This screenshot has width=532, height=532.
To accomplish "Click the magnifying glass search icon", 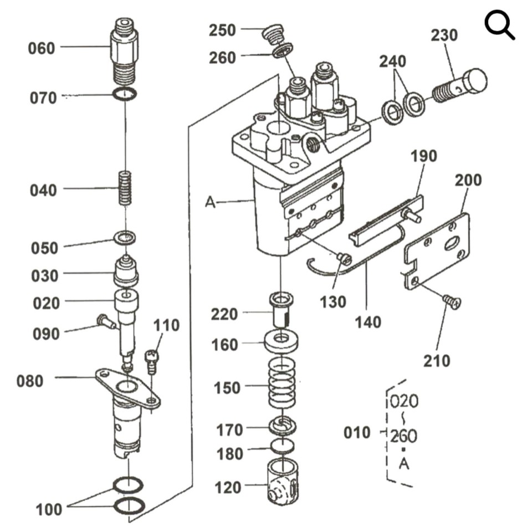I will coord(499,26).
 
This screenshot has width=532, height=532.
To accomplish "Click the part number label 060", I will coord(42,48).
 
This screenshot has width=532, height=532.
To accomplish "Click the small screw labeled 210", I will coord(452,302).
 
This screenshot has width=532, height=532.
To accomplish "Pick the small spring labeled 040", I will coord(126,188).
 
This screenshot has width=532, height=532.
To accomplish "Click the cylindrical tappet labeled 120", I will coord(282,481).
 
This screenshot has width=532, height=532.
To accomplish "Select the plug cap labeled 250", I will coord(273,34).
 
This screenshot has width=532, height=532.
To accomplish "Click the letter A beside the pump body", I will coord(210,203).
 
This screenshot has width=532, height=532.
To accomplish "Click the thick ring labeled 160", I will coord(282,340).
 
